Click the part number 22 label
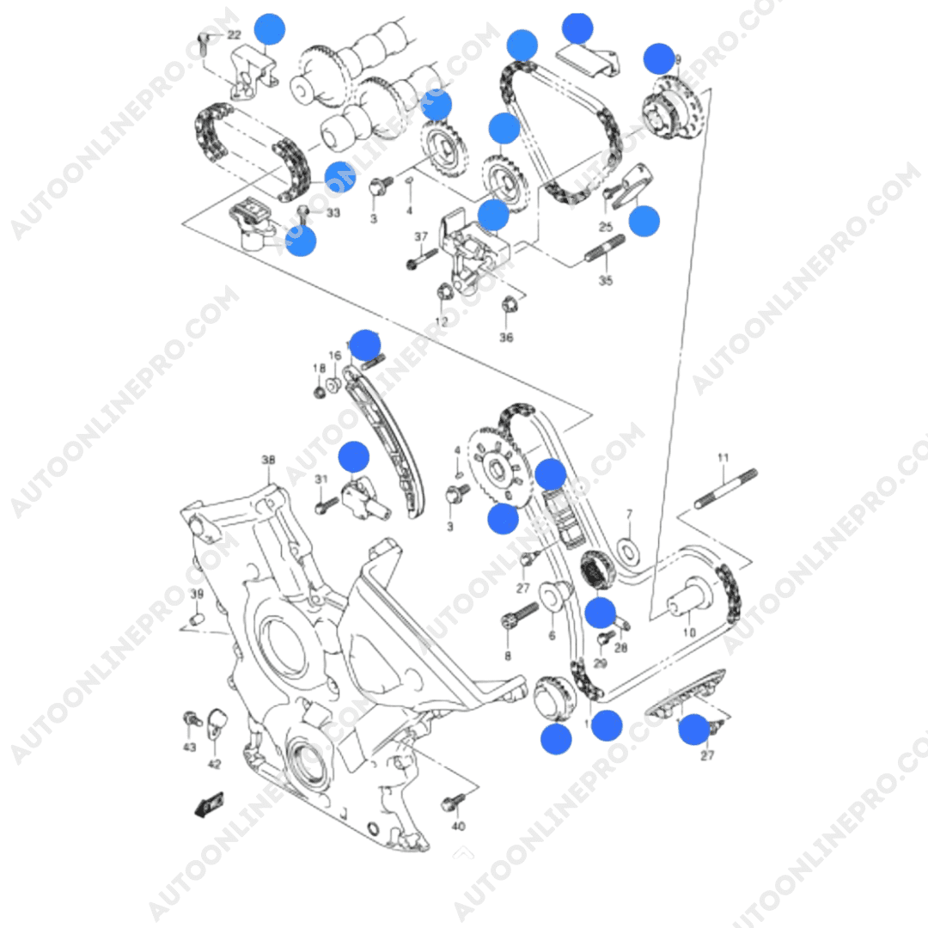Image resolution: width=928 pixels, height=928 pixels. [234, 35]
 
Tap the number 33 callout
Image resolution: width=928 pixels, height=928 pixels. [333, 213]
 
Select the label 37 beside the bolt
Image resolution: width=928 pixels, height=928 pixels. [421, 237]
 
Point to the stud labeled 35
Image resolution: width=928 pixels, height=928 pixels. [604, 255]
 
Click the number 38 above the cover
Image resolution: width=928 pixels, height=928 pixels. [268, 461]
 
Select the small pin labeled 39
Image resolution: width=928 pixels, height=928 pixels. [196, 619]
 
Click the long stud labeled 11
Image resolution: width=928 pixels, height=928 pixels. [726, 488]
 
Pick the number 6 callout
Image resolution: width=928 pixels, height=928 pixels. [552, 636]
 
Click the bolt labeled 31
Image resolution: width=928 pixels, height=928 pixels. [324, 504]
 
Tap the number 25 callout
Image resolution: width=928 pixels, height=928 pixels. [606, 227]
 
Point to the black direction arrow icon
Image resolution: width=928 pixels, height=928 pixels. [209, 805]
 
